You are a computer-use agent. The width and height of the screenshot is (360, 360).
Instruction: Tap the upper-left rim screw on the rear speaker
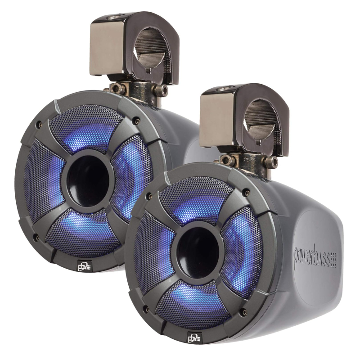[x=39, y=122]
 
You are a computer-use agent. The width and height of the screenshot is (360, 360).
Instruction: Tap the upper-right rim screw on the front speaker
[x=247, y=193]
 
